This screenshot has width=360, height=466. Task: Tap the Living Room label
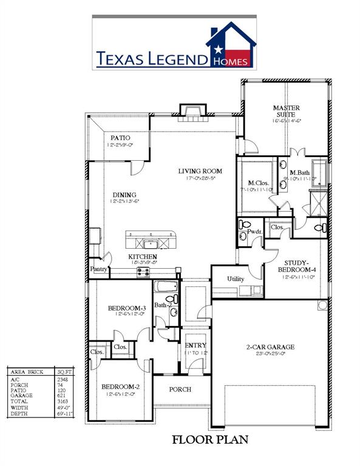(200, 171)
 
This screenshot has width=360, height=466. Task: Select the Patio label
(120, 138)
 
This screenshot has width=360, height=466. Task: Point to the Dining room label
(123, 195)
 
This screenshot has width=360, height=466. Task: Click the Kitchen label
(143, 257)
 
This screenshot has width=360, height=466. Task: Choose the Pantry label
(98, 269)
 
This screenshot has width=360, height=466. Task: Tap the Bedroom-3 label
(126, 308)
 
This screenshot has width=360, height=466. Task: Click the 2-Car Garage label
(270, 347)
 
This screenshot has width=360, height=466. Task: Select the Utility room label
(235, 278)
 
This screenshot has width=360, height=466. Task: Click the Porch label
(180, 390)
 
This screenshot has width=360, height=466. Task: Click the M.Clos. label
(259, 183)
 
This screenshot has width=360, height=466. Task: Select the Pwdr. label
(254, 232)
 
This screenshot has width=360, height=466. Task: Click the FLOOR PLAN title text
(210, 439)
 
